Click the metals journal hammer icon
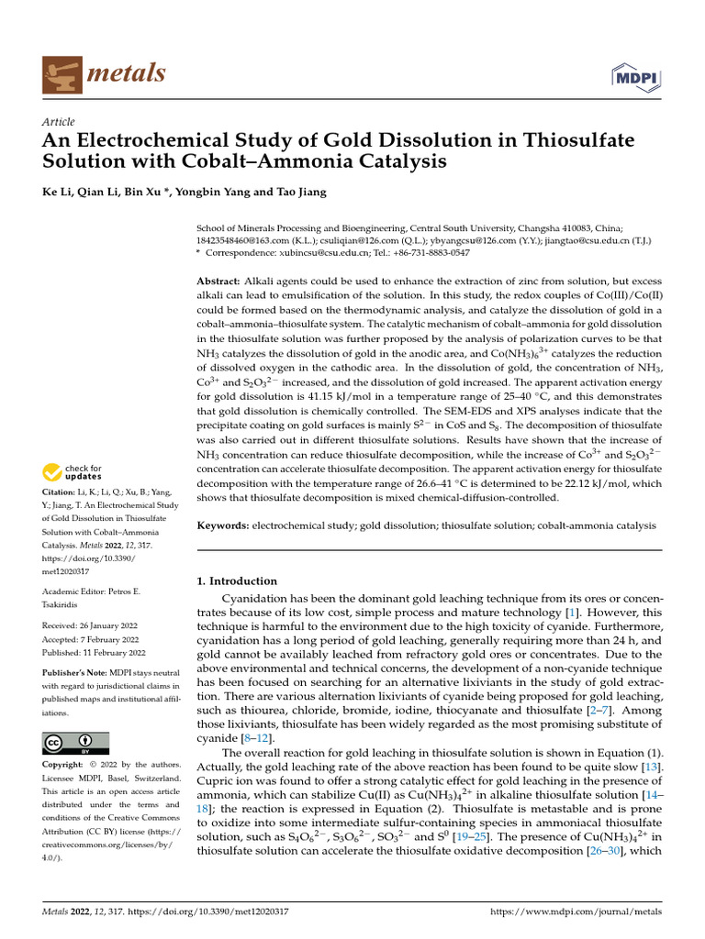pos(62,73)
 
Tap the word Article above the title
pos(59,122)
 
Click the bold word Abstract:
pos(218,280)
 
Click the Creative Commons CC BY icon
pos(75,743)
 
